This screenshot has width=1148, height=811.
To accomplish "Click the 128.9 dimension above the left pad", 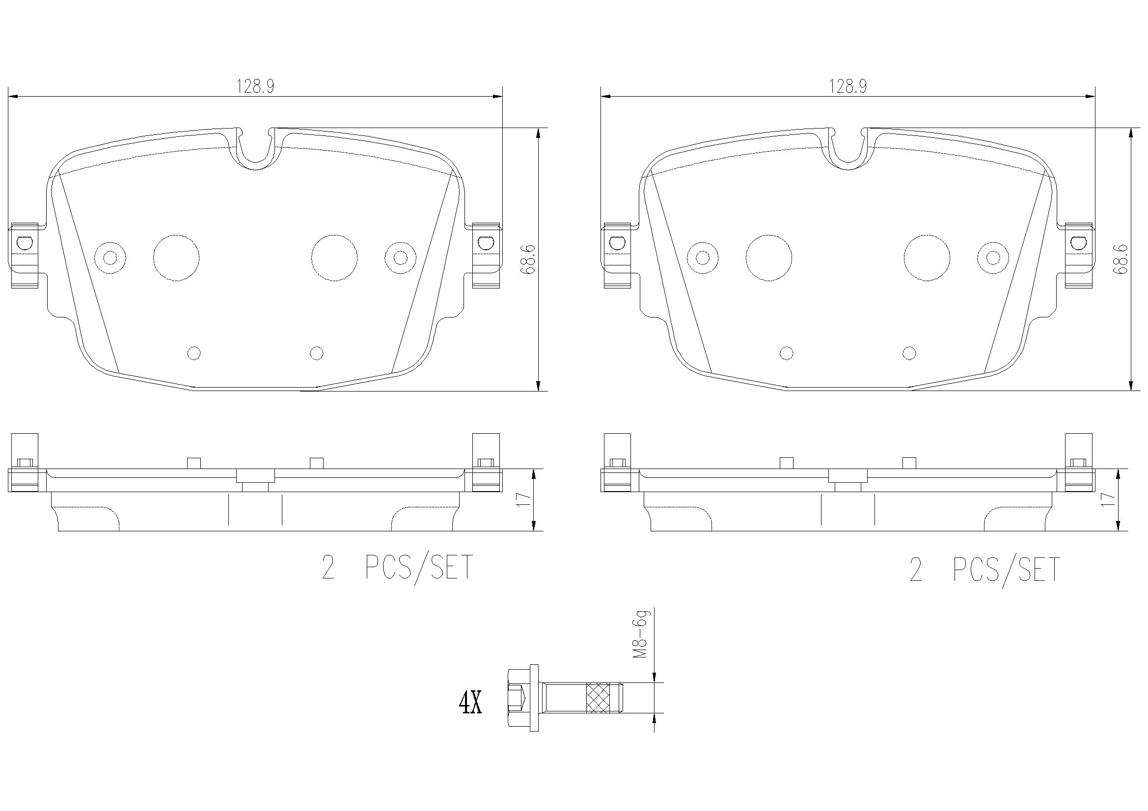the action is [x=255, y=87].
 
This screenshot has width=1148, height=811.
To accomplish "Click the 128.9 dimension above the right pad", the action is [x=848, y=87].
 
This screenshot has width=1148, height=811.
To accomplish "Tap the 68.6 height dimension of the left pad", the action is [x=528, y=260].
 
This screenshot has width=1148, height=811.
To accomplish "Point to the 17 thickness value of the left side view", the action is [x=523, y=499].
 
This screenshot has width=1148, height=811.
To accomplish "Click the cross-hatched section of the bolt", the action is [x=598, y=698].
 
